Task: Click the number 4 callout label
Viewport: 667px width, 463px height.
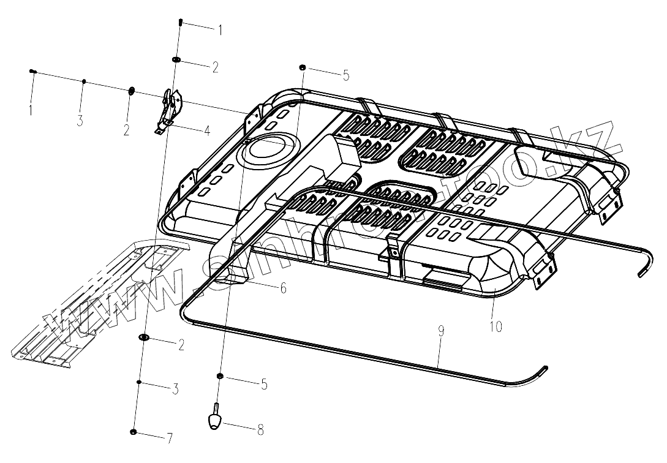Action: pyautogui.click(x=207, y=130)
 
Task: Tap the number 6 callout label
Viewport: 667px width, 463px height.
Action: pyautogui.click(x=282, y=288)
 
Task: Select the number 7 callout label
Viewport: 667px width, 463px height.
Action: pyautogui.click(x=170, y=439)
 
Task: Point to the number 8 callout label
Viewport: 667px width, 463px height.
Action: pyautogui.click(x=260, y=431)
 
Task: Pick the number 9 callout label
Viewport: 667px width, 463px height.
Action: pyautogui.click(x=441, y=331)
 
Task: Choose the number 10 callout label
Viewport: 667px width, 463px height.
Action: pyautogui.click(x=496, y=326)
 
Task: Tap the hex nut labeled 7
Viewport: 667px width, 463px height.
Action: pyautogui.click(x=134, y=433)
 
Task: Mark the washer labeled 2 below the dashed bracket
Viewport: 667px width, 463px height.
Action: pyautogui.click(x=145, y=337)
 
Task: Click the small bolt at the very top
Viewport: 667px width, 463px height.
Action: pyautogui.click(x=181, y=22)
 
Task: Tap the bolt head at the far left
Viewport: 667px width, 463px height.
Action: pyautogui.click(x=32, y=72)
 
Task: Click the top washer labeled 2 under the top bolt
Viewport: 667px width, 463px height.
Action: pyautogui.click(x=176, y=59)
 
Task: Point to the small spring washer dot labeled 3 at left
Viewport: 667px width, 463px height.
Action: pyautogui.click(x=84, y=81)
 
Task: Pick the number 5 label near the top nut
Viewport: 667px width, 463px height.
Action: pyautogui.click(x=345, y=75)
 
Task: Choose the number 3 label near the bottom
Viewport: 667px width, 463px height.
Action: pyautogui.click(x=175, y=388)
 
